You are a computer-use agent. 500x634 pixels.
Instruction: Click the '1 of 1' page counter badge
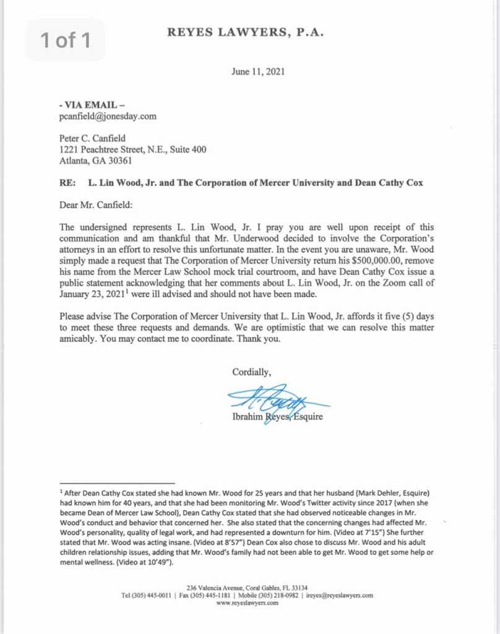point(66,41)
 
